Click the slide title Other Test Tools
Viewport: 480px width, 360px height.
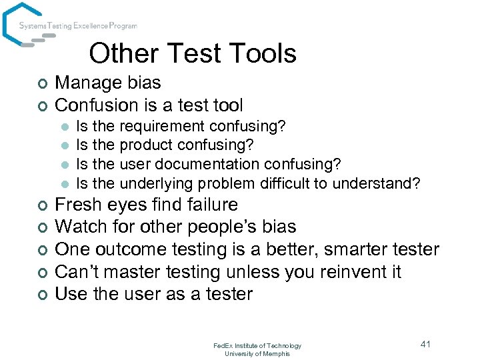tap(192, 53)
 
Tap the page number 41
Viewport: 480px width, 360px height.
tap(426, 344)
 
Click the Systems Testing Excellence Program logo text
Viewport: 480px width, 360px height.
tap(78, 26)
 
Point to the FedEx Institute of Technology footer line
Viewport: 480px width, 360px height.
tap(257, 345)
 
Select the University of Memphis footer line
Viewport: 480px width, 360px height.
tap(257, 353)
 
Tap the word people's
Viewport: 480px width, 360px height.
tap(217, 227)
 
